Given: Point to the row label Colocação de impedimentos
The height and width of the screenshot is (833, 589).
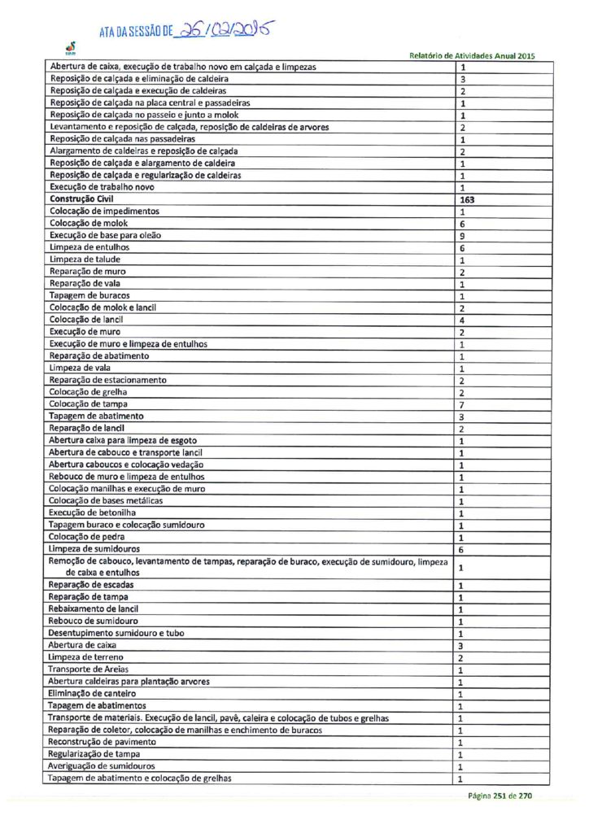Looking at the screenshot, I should click(x=104, y=212).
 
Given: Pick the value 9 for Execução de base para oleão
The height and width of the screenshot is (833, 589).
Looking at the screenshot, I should click(x=462, y=235).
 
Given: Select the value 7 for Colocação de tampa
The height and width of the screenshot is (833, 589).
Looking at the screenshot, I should click(x=462, y=404).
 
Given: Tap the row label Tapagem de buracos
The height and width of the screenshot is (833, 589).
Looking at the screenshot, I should click(x=89, y=295).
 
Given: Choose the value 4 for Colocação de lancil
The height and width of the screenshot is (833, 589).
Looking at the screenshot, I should click(x=462, y=320).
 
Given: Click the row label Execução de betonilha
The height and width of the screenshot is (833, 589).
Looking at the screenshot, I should click(x=92, y=513).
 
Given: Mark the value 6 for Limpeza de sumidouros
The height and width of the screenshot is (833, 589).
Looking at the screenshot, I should click(x=462, y=550).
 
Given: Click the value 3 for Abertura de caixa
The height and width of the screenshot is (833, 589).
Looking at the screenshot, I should click(x=462, y=645).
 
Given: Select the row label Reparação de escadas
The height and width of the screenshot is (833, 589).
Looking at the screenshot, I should click(x=91, y=585).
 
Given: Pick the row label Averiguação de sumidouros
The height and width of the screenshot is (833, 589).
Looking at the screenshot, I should click(x=101, y=766).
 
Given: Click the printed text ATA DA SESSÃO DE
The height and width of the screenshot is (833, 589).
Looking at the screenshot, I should click(x=136, y=33).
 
